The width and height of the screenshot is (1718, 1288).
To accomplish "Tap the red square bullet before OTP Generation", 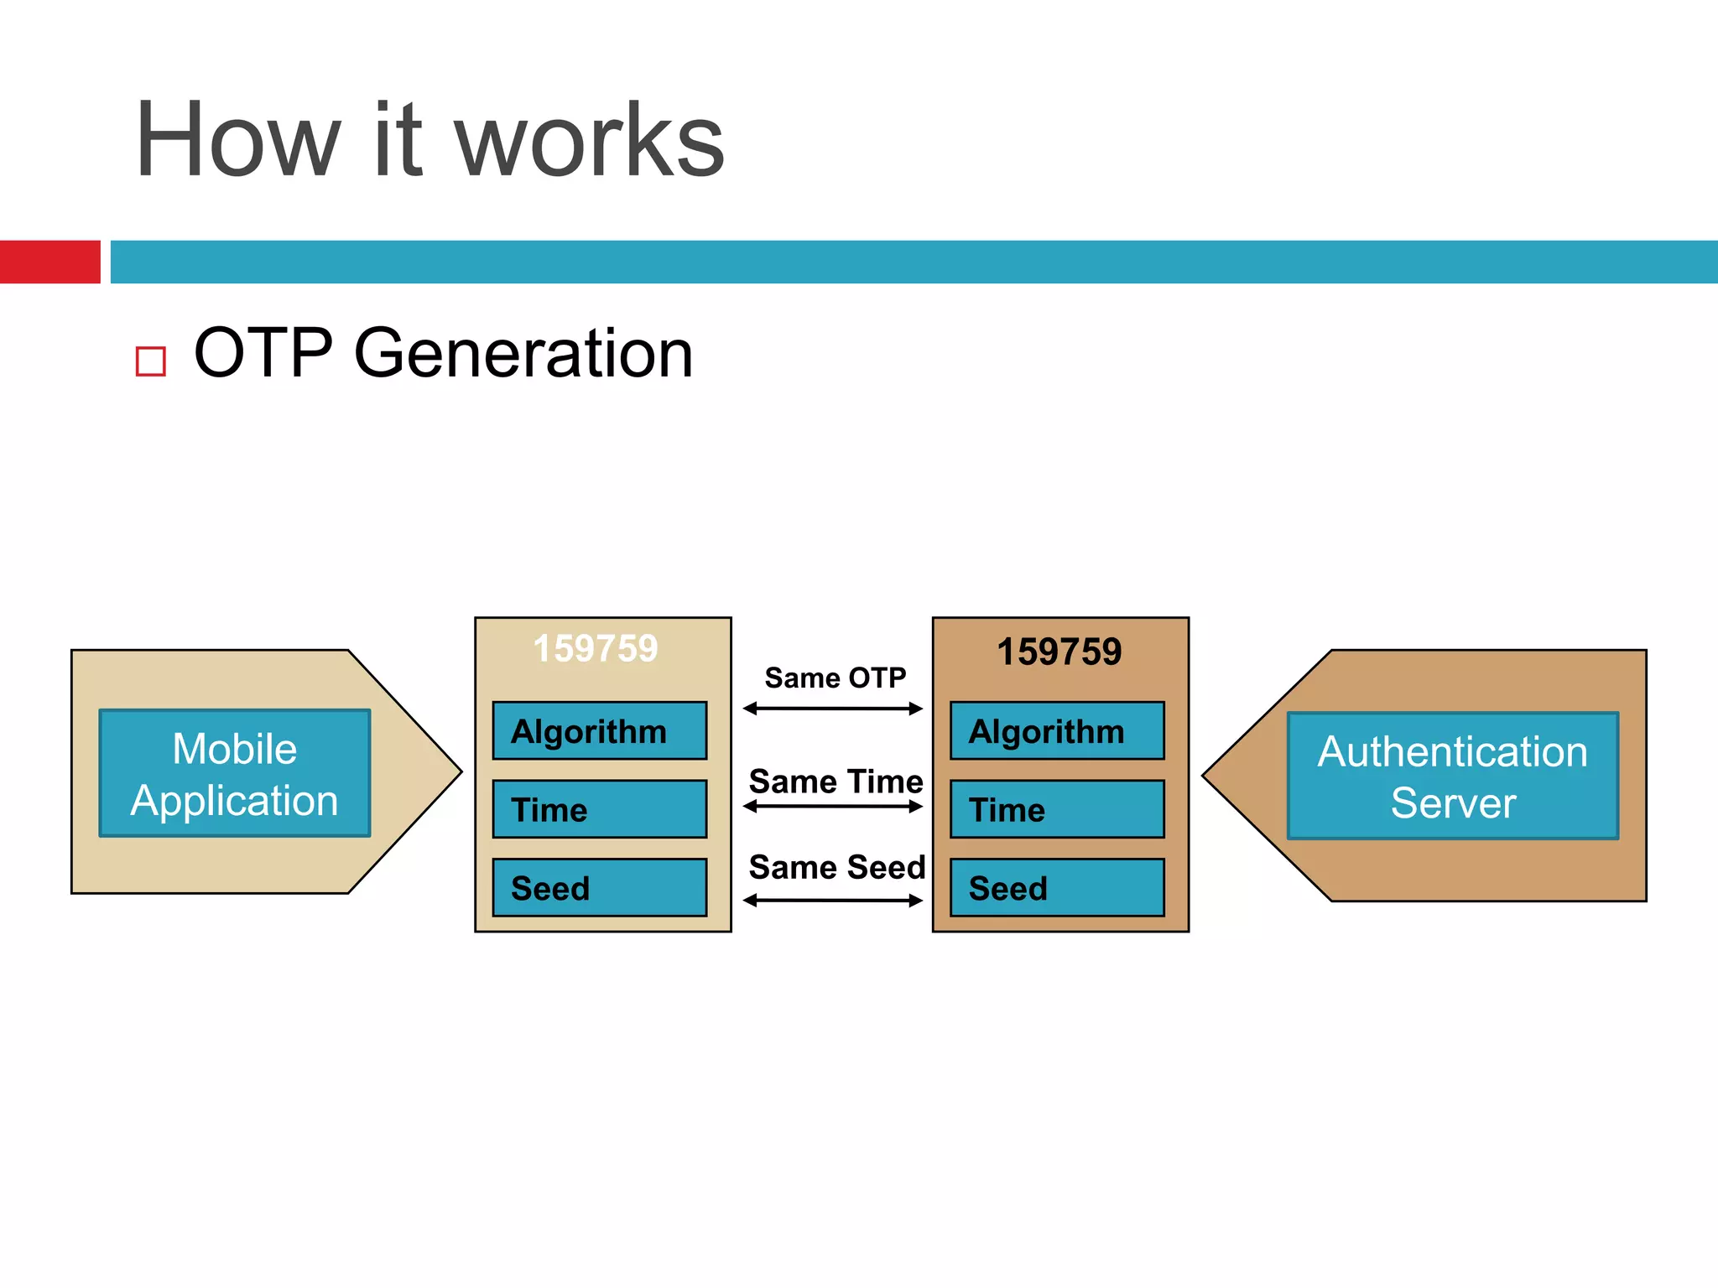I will point(151,361).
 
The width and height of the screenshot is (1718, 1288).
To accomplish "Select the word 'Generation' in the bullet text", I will point(523,354).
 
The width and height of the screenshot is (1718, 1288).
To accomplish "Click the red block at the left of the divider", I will point(49,262).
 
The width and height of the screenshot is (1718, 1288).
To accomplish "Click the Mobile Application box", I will point(235,773).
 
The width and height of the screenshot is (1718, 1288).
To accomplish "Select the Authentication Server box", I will point(1452,776).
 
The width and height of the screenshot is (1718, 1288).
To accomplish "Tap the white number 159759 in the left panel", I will point(596,649).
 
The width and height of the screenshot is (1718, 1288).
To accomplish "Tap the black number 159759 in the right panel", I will point(1059,652).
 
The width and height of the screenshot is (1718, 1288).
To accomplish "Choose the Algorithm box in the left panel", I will point(599,731).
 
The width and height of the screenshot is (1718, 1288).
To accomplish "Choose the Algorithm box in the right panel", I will point(1057,731).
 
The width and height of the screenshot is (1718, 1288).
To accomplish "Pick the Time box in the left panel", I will point(599,809).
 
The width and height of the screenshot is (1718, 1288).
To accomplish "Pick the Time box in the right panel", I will point(1057,809).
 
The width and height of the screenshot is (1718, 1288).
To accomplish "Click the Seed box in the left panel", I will point(599,887).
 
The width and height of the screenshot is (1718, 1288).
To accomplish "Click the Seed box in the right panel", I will point(1057,887).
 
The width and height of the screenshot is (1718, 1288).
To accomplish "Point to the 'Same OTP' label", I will point(836,678).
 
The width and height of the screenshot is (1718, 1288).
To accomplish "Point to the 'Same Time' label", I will point(836,782).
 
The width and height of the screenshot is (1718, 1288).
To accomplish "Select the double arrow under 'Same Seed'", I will point(833,901).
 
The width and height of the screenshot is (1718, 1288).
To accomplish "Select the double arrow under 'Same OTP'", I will point(833,709).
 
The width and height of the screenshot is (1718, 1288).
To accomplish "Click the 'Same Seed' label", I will point(836,867).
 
